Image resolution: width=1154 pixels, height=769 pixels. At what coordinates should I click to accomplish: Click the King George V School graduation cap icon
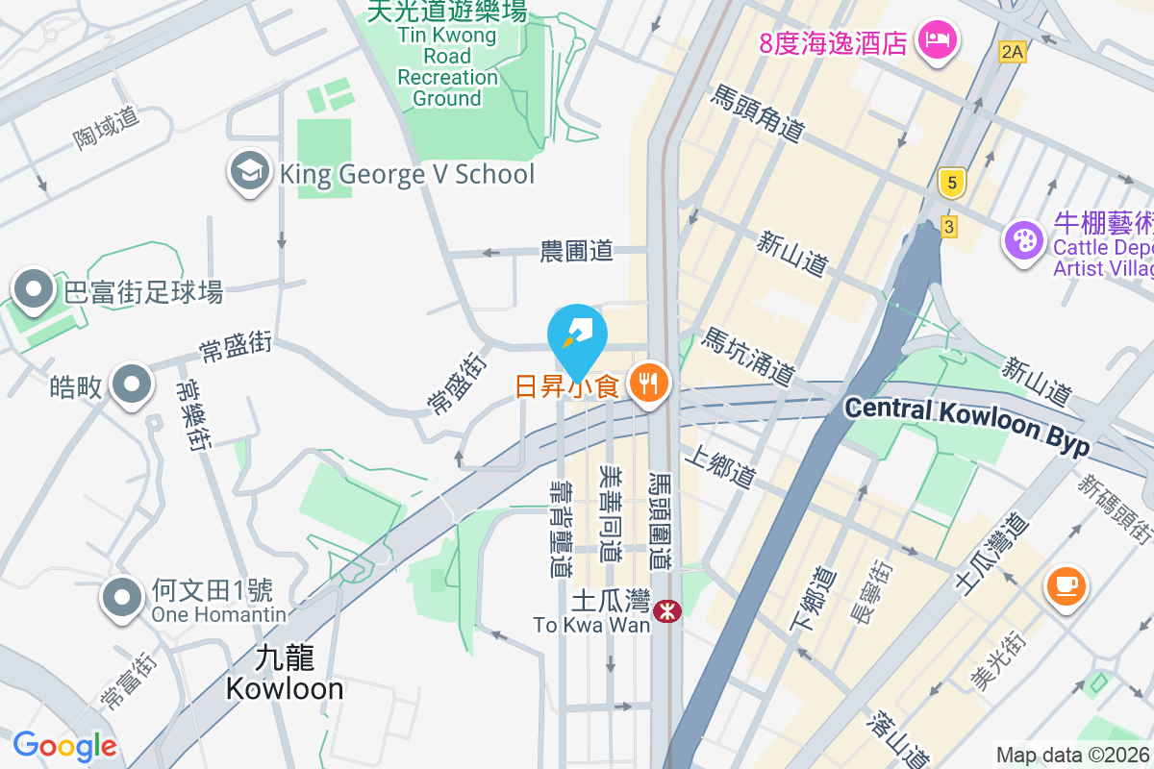click(249, 172)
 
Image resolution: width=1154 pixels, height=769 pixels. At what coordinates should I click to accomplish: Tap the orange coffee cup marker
click(1066, 583)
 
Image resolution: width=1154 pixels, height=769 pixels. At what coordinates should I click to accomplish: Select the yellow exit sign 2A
click(1011, 51)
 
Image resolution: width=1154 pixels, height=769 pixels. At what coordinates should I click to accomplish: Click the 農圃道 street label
click(576, 252)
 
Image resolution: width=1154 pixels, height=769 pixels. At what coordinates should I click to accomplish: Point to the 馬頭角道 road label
click(758, 112)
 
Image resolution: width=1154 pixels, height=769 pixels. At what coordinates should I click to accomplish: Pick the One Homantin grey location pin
click(122, 596)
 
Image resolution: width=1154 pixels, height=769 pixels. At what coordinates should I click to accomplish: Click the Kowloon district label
click(285, 675)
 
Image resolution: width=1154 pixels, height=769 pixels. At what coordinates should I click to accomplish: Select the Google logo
click(64, 746)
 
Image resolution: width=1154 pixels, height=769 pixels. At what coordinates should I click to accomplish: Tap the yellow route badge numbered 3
click(949, 227)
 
